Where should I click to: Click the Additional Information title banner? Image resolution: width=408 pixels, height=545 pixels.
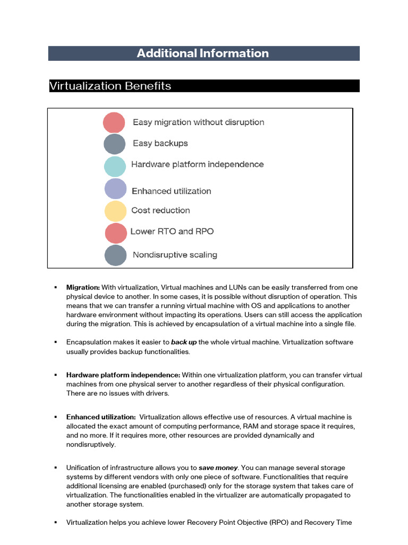tap(203, 53)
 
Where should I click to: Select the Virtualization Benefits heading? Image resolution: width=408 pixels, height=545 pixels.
tap(110, 86)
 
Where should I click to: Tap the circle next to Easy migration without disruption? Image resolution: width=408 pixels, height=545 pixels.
tap(114, 122)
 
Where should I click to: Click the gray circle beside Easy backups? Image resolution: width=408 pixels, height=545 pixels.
tap(114, 144)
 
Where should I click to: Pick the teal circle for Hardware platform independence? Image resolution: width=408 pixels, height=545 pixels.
tap(115, 166)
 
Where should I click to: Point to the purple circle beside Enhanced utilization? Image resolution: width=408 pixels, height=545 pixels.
tap(115, 189)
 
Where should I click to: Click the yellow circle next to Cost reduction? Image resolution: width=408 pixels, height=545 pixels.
tap(115, 211)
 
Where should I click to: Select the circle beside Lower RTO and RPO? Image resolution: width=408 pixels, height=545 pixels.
tap(116, 233)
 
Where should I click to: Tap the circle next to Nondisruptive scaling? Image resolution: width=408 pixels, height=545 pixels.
tap(115, 255)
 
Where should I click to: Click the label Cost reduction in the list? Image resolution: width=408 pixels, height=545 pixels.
tap(160, 210)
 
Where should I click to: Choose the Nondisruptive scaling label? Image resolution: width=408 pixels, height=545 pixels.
tap(175, 255)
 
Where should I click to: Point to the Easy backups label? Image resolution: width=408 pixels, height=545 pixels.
tap(160, 143)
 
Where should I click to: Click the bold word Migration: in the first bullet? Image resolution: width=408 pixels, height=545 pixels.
tap(83, 287)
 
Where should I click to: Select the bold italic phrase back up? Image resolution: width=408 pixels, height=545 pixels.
tap(184, 342)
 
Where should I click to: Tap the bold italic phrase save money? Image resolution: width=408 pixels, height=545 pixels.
tap(218, 468)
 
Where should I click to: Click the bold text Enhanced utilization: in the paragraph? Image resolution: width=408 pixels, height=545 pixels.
tap(100, 417)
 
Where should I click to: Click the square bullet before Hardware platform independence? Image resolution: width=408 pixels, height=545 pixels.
tap(55, 375)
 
